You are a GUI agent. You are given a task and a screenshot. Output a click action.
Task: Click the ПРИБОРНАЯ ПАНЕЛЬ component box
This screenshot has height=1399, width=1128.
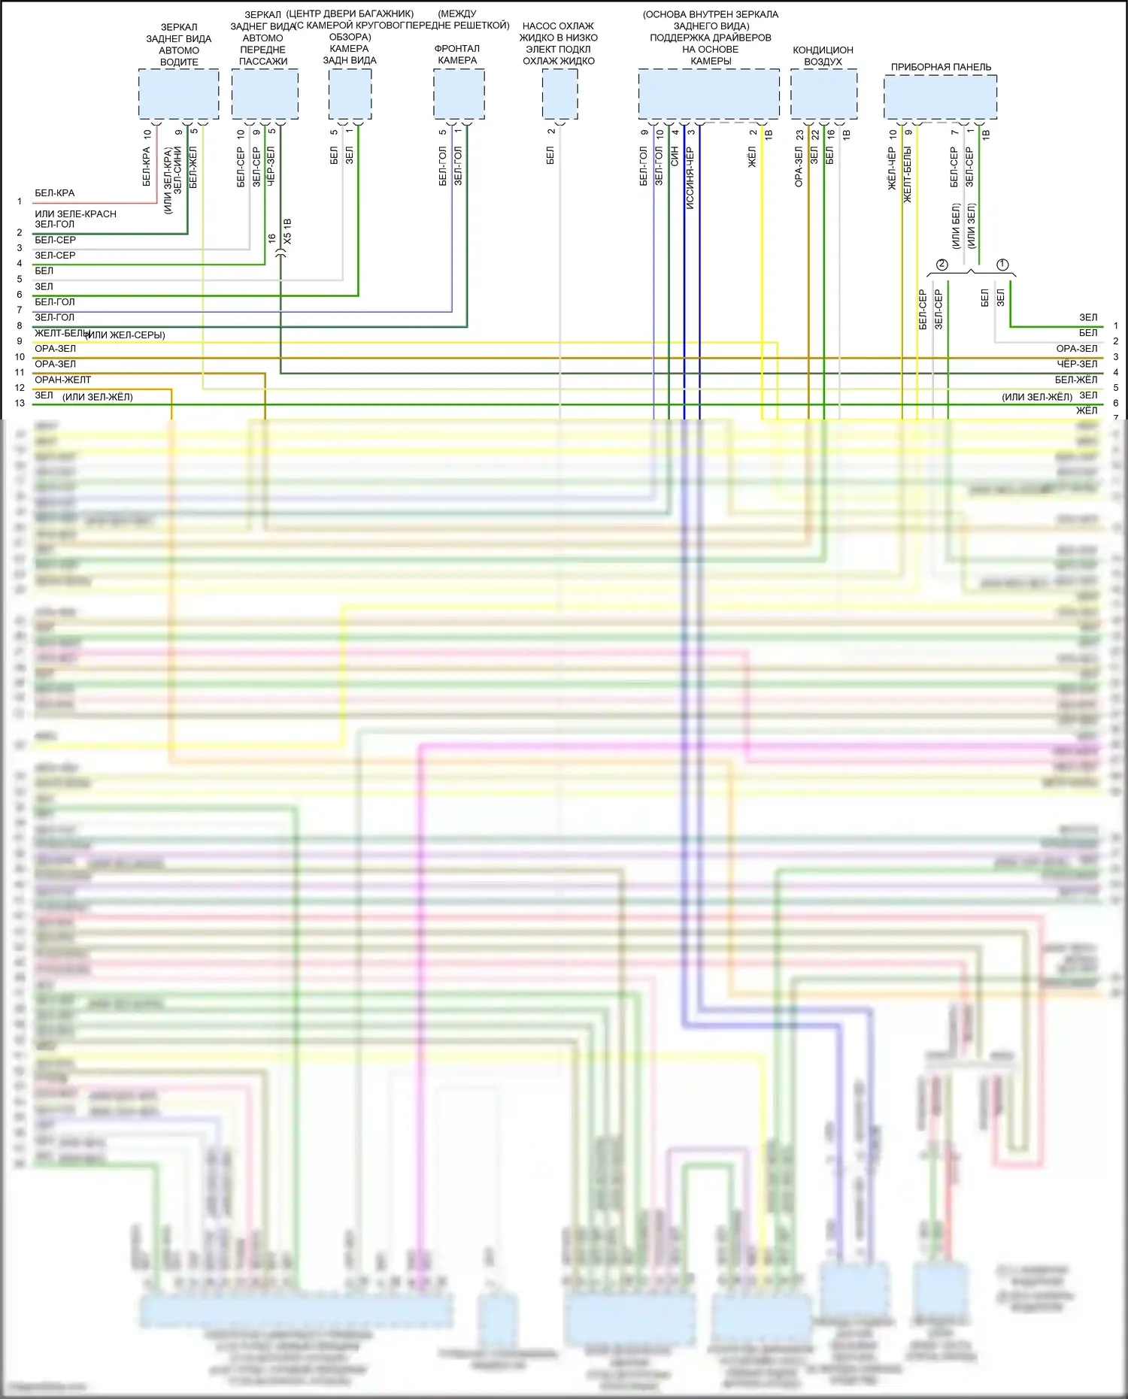point(940,94)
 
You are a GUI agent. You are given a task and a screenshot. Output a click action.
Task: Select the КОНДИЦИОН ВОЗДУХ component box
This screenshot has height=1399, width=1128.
point(823,94)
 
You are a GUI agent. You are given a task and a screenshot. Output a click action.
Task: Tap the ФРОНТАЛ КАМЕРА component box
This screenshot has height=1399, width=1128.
point(459,94)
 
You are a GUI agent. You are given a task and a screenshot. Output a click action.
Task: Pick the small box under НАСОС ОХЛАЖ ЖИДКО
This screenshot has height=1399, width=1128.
point(559,94)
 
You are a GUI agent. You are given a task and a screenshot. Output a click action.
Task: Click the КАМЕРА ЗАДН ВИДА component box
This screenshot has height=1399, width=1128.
point(350,94)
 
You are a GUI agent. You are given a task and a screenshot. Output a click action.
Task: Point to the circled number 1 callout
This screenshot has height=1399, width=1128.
point(1002,265)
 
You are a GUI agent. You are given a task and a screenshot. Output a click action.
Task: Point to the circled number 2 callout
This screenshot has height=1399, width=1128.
point(942,265)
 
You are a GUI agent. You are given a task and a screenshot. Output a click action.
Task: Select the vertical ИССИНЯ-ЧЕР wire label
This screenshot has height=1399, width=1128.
point(690,178)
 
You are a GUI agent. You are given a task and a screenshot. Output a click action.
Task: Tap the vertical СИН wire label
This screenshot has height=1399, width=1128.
point(675,156)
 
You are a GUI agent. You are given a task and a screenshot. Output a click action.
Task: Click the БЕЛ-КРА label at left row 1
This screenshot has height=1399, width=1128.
point(55,193)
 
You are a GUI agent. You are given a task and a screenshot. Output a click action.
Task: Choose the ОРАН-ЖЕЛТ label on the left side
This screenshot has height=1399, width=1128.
point(62,380)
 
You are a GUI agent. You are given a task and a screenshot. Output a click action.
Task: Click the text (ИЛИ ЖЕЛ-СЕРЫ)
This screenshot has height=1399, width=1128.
point(126,335)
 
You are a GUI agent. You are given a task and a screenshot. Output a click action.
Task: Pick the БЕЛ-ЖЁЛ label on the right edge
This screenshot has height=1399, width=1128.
point(1075,380)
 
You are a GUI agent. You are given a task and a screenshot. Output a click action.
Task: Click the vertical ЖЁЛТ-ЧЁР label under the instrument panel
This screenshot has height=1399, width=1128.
point(893,168)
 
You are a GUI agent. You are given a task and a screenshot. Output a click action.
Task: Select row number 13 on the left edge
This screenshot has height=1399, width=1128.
point(20,403)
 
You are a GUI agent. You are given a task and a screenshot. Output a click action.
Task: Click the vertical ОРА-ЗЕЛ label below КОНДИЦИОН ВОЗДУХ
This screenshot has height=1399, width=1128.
point(799,167)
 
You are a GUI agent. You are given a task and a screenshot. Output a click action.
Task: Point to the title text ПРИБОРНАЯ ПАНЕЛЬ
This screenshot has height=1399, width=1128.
point(941,67)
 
